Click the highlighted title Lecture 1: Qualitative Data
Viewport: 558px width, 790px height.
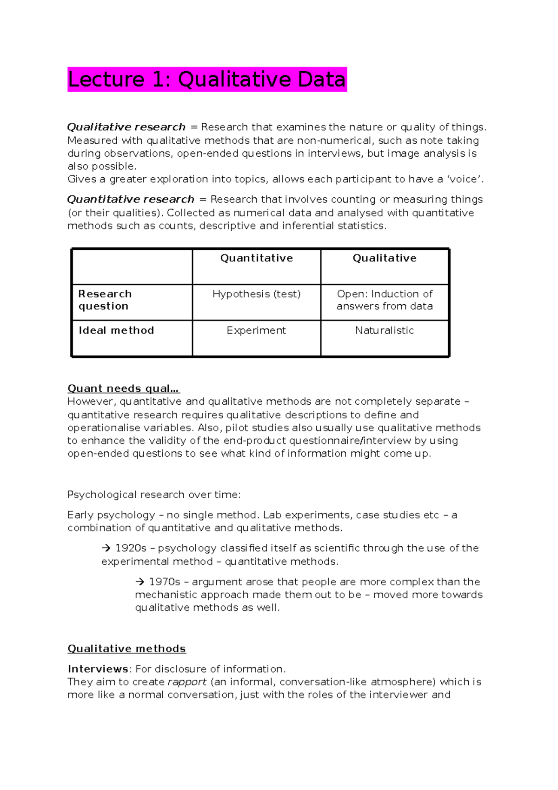click(x=207, y=80)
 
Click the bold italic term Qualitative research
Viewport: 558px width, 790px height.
click(x=126, y=127)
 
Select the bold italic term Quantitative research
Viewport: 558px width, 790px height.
click(x=131, y=200)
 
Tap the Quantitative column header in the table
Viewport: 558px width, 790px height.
click(x=256, y=258)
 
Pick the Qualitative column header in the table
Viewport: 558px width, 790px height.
click(x=385, y=258)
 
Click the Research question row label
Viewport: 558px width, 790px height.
click(x=105, y=300)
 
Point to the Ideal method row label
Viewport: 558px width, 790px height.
click(x=116, y=330)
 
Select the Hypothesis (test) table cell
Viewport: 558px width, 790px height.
click(x=256, y=294)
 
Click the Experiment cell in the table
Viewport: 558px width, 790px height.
click(x=256, y=330)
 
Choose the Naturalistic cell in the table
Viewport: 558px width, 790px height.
click(x=385, y=330)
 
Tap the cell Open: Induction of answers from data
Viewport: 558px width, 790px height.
click(x=385, y=300)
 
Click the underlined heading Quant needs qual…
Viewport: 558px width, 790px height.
click(x=124, y=388)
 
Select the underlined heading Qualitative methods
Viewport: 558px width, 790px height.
click(x=126, y=649)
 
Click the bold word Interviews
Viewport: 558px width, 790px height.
click(x=98, y=669)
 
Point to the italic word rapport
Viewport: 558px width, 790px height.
click(x=187, y=682)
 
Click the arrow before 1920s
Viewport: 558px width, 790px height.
click(x=106, y=549)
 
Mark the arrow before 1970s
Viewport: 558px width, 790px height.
click(x=139, y=582)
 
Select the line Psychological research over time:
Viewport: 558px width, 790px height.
click(x=154, y=495)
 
